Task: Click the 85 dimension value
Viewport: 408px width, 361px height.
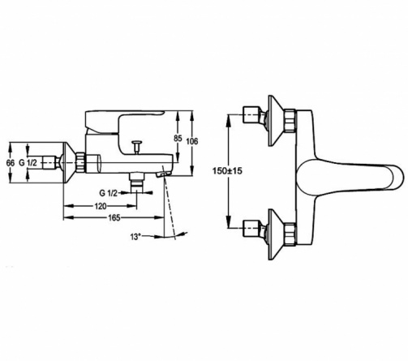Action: pos(178,138)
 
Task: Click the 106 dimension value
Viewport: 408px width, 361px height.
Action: pos(192,141)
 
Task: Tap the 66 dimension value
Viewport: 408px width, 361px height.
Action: pos(11,163)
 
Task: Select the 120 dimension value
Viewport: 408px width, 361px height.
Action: pos(101,206)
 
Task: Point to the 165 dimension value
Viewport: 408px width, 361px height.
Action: pos(114,217)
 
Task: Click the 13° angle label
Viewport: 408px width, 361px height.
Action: pos(135,237)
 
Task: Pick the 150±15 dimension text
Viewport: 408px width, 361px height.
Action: pos(227,171)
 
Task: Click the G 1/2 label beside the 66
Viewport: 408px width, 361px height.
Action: pos(28,163)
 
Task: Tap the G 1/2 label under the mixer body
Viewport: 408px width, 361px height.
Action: pos(109,193)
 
